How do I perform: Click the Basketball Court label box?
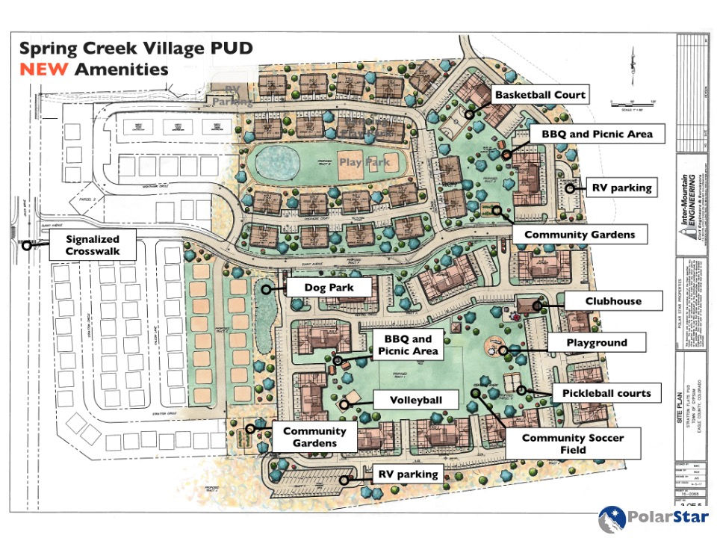pos(540,95)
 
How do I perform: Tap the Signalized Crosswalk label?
pos(93,244)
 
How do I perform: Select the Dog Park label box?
pos(328,287)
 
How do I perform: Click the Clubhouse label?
pos(613,301)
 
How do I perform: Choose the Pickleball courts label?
pos(607,393)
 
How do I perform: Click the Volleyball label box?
pos(415,400)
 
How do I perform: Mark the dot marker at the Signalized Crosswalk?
pos(27,244)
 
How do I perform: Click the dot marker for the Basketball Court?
pos(469,114)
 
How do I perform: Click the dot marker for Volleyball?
pos(344,405)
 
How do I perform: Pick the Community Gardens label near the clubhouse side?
pos(579,235)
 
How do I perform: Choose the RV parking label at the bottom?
pos(407,474)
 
